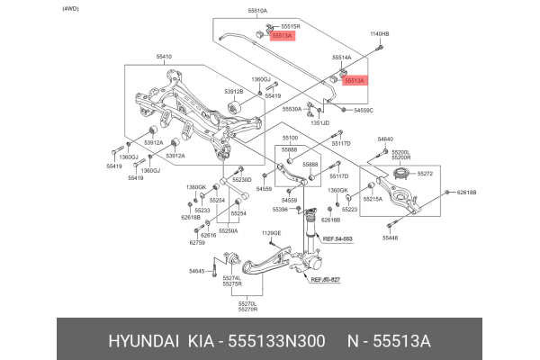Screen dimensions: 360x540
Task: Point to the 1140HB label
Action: [380, 34]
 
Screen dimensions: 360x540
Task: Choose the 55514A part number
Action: [342, 56]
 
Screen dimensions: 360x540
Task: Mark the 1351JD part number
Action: [319, 122]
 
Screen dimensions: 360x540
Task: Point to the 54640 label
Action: [385, 139]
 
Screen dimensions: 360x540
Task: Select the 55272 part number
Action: [426, 173]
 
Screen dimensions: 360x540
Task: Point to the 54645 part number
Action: [197, 271]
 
